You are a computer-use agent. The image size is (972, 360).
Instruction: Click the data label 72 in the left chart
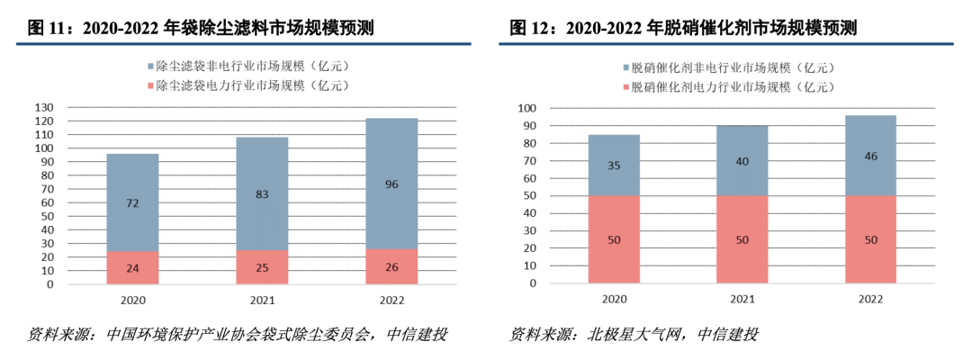132,204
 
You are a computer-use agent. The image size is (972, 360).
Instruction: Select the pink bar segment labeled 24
132,267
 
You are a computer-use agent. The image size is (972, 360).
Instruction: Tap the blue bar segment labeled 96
391,184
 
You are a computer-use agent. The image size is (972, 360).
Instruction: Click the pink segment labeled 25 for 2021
262,266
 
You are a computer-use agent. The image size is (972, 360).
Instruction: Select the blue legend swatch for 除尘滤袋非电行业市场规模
148,67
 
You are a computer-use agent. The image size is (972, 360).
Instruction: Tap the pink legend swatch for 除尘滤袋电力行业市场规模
148,85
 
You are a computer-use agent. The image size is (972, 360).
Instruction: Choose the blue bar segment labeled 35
614,165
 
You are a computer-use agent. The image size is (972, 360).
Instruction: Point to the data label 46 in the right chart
870,157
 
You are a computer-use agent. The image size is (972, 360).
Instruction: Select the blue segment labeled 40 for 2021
742,161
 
